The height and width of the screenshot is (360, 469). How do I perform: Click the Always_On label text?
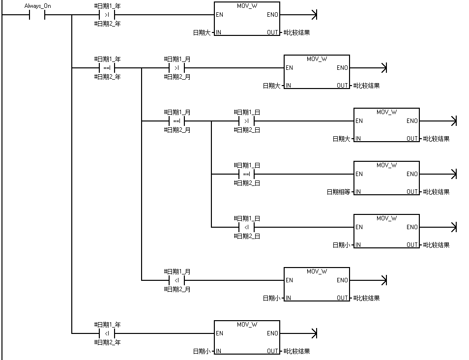[37, 6]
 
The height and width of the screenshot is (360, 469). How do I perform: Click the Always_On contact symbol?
[37, 15]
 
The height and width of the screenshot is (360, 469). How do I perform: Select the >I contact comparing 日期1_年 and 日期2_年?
[107, 15]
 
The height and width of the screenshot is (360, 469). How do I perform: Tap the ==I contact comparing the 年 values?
[107, 68]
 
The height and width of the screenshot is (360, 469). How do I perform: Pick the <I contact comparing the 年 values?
[107, 333]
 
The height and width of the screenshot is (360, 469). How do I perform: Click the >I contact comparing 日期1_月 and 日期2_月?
[177, 68]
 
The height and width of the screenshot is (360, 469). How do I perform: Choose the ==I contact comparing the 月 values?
[177, 121]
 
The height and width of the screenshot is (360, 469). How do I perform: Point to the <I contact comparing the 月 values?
[177, 280]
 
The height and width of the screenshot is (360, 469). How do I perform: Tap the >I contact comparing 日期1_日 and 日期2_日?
[247, 121]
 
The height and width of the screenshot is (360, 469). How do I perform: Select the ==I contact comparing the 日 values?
[247, 174]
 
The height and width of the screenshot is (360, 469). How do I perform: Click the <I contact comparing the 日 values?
[247, 227]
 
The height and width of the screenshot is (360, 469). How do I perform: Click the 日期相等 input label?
[339, 192]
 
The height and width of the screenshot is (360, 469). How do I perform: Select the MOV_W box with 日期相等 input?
[386, 178]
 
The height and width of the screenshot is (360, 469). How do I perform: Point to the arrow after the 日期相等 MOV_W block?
[453, 174]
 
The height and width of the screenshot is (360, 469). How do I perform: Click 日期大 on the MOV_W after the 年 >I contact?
[202, 32]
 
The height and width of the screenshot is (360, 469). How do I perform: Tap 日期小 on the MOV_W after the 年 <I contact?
[202, 351]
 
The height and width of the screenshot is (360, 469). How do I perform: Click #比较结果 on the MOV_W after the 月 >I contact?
[366, 86]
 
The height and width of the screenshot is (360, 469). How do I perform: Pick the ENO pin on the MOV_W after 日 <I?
[412, 227]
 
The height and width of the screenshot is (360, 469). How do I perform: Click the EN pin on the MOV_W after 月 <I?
[289, 280]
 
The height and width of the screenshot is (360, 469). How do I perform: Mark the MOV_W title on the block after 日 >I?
[386, 112]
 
